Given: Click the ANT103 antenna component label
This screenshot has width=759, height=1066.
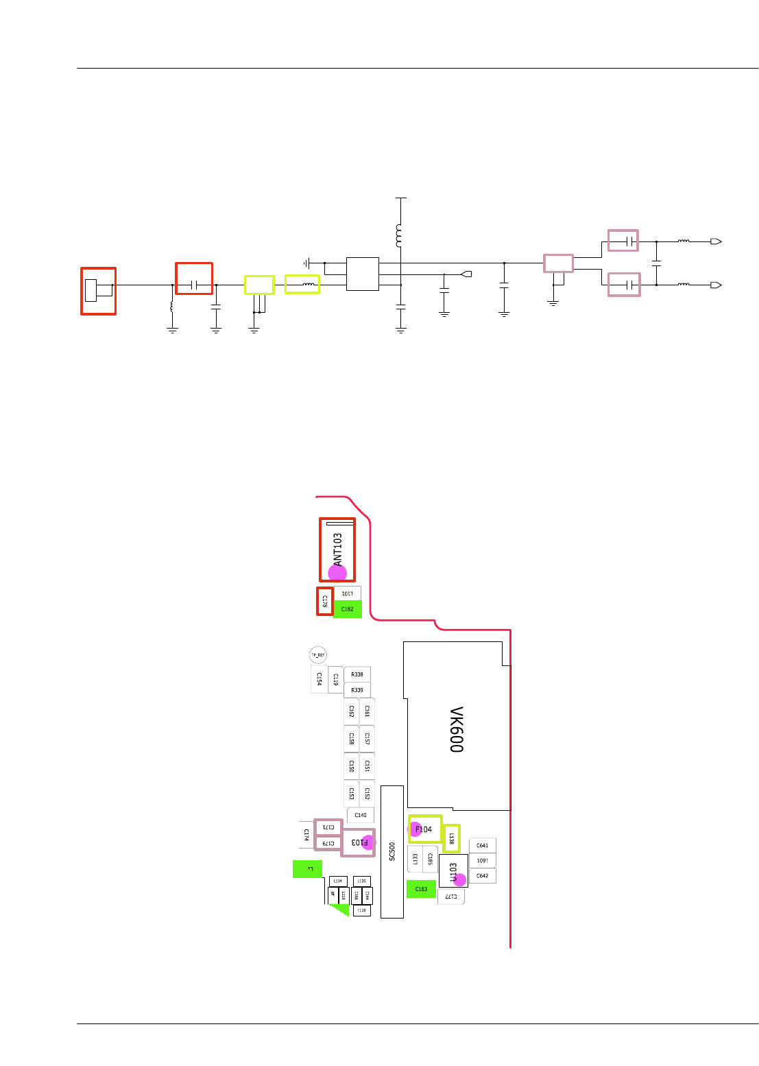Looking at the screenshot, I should [x=337, y=549].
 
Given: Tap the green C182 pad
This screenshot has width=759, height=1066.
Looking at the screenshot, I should [x=348, y=609].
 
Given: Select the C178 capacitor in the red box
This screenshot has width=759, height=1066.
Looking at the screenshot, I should [x=325, y=601].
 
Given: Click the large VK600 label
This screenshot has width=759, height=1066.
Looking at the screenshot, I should [x=457, y=729].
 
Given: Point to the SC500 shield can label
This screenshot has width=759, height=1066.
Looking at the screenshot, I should [x=392, y=851].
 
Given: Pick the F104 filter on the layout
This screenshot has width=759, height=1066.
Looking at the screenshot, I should [x=424, y=829].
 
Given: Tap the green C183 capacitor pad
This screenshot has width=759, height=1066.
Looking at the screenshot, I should [x=421, y=889].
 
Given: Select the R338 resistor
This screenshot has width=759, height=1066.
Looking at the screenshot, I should [x=357, y=675].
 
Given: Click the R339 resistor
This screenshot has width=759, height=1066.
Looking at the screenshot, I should [x=357, y=690].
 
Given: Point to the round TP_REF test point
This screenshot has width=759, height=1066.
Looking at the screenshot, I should [x=318, y=655].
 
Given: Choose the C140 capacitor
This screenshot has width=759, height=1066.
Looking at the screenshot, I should [x=361, y=815].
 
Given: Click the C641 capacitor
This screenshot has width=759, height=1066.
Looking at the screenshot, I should [x=483, y=846].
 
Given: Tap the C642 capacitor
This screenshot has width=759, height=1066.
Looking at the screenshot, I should [x=483, y=876].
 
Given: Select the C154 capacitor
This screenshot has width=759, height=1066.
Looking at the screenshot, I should [x=320, y=679].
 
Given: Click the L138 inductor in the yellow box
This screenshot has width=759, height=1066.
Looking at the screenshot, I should [x=451, y=838].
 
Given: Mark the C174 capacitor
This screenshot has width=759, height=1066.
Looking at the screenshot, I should [x=306, y=835].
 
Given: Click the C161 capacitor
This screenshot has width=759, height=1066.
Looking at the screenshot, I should [x=367, y=712].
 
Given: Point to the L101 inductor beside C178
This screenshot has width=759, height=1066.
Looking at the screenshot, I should [x=348, y=593].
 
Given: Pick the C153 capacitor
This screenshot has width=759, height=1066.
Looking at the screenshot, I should [x=352, y=794].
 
